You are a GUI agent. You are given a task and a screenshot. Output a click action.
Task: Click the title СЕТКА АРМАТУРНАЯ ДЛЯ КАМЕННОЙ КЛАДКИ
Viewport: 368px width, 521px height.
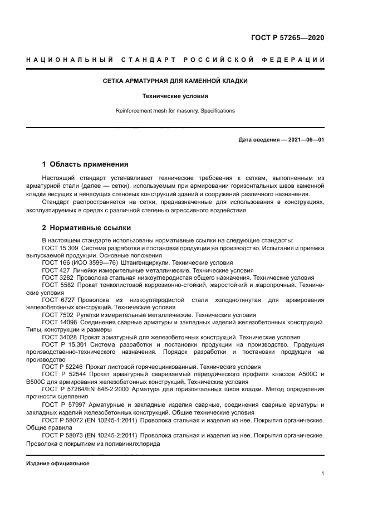coord(175,81)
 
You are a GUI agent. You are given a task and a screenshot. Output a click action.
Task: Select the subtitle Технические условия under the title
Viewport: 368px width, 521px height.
coord(175,96)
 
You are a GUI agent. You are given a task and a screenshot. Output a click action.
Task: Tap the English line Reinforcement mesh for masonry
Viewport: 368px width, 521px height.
coord(175,111)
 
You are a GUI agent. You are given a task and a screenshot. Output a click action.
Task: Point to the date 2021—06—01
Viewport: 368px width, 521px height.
coord(305,140)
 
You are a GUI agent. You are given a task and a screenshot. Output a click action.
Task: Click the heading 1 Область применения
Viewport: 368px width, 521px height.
coord(85,164)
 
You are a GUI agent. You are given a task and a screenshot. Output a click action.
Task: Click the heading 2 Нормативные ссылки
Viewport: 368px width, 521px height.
coord(86,228)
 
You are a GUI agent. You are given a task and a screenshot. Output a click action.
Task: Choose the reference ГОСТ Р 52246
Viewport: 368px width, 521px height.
coord(62,368)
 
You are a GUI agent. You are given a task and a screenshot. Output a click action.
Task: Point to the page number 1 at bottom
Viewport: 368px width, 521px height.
coord(322,474)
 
